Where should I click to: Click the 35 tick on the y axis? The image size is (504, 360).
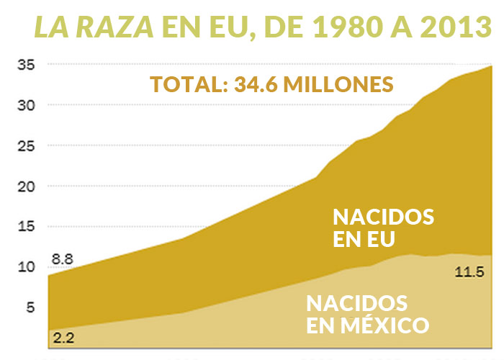tap(27, 65)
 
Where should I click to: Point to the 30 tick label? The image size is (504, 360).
tap(27, 105)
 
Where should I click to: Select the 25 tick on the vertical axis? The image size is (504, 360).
tap(27, 145)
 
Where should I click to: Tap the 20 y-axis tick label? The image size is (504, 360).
tap(27, 186)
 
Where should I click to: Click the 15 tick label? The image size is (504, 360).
tap(27, 227)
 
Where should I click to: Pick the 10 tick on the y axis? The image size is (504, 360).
tap(27, 267)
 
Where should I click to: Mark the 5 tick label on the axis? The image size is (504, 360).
tap(30, 307)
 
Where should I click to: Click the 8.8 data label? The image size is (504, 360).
tap(62, 258)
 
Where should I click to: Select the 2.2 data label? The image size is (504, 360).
tap(63, 336)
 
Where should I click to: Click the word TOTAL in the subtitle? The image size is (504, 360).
tap(184, 84)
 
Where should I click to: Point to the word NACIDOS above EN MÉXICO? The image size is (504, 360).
tap(357, 302)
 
